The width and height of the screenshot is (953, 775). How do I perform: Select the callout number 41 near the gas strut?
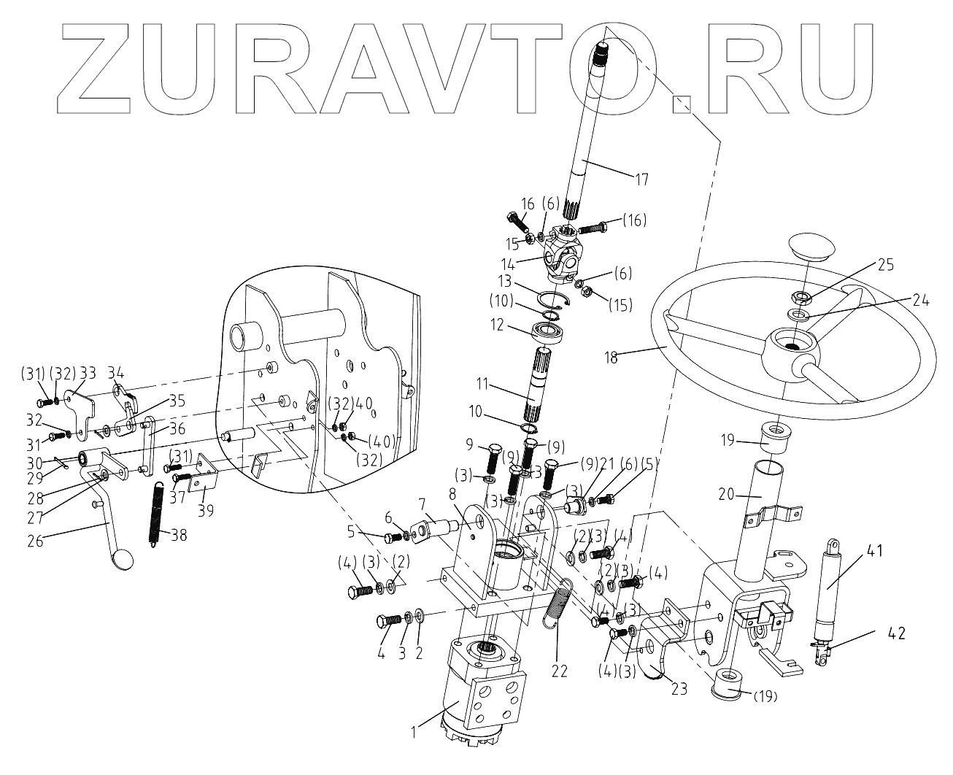(876, 552)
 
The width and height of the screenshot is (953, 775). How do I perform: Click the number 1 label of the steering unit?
(414, 730)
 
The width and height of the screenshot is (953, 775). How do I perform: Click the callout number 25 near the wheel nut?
(886, 263)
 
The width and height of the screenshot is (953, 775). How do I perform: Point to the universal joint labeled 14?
(563, 252)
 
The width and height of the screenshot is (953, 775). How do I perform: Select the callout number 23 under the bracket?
(679, 687)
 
